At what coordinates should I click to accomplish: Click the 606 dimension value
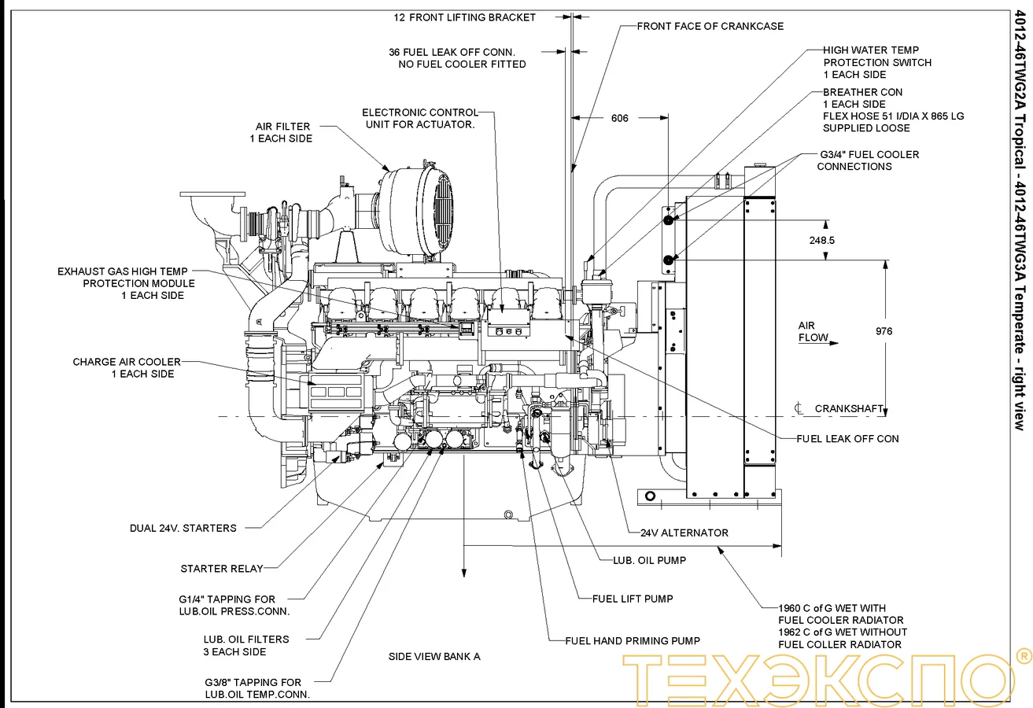[x=641, y=119]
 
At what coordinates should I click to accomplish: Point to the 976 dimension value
[x=884, y=331]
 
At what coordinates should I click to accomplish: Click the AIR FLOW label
[x=813, y=332]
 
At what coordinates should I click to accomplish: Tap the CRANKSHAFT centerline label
[x=848, y=409]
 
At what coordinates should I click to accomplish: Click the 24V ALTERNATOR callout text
[x=684, y=533]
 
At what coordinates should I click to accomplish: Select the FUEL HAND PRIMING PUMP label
[x=633, y=640]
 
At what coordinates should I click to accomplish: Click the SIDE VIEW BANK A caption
[x=434, y=656]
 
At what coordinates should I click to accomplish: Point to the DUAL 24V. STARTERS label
[x=183, y=529]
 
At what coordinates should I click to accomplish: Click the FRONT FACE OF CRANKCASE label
[x=710, y=26]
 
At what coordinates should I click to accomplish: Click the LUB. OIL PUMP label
[x=649, y=561]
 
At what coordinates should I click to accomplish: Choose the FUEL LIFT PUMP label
[x=633, y=599]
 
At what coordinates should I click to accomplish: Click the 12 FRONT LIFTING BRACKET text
[x=464, y=17]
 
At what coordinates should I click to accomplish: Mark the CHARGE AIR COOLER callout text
[x=127, y=368]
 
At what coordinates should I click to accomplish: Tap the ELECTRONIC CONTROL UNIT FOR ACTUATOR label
[x=451, y=119]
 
